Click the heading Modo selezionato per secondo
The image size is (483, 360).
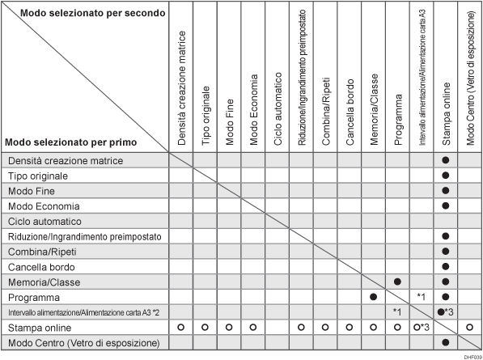[x=94, y=15]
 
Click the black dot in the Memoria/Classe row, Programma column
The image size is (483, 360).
[x=397, y=282]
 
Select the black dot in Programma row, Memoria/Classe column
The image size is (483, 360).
[x=373, y=297]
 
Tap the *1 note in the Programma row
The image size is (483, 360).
[x=422, y=297]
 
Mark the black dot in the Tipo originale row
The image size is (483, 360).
[x=446, y=176]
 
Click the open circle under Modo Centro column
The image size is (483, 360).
[x=470, y=327]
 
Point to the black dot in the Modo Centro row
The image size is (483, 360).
[x=446, y=342]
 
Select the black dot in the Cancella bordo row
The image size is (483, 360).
[x=446, y=266]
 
